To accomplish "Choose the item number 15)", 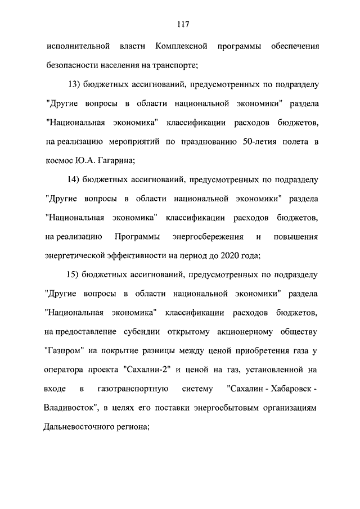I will pyautogui.click(x=73, y=275).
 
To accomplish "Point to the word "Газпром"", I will pyautogui.click(x=64, y=351).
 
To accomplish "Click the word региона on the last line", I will pyautogui.click(x=130, y=427).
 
